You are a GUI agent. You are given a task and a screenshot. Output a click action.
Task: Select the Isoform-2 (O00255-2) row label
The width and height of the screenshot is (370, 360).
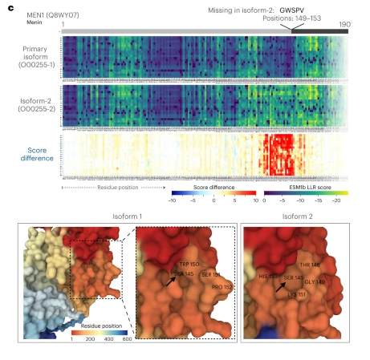27,107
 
